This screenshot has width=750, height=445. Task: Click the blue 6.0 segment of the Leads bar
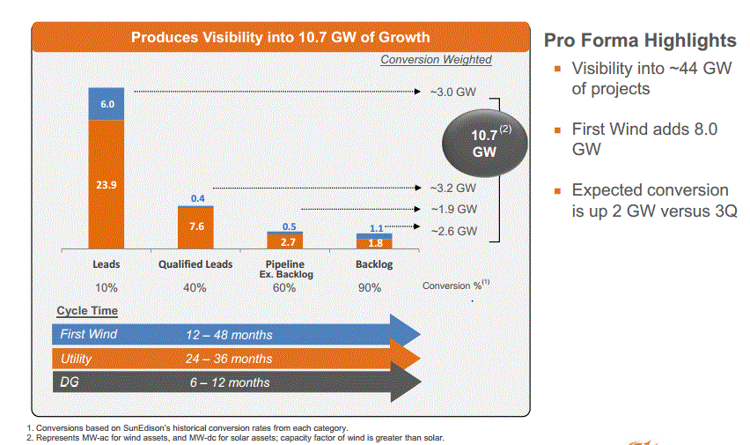107,104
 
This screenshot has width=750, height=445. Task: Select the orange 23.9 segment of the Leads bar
107,184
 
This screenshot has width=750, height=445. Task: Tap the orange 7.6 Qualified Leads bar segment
195,228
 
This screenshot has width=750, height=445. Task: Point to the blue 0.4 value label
197,198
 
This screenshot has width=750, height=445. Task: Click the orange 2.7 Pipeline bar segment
285,241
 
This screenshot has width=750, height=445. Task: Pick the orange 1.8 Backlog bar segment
374,244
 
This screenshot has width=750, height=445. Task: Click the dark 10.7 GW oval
484,144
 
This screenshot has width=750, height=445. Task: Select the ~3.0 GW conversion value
452,92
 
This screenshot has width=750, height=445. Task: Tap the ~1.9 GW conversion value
453,210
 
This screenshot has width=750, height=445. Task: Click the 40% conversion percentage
195,288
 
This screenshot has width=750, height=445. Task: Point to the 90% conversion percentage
370,288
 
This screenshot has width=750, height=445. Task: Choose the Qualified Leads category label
195,264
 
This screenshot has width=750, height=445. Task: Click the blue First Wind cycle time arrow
236,334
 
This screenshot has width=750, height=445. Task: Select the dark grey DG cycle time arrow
237,382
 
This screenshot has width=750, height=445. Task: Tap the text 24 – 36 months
229,359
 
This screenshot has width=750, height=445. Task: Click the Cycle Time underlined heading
87,311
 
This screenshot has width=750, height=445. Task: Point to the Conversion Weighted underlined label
437,60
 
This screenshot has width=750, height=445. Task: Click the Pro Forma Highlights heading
640,41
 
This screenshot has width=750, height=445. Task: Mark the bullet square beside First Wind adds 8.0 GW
557,130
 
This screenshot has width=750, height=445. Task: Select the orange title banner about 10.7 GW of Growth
281,37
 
